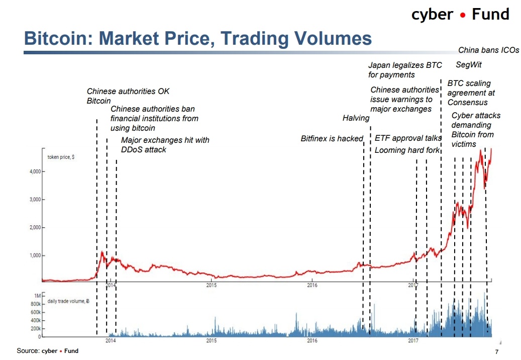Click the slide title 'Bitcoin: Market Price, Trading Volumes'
click(x=198, y=39)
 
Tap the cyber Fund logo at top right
click(x=460, y=14)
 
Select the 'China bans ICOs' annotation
click(x=488, y=50)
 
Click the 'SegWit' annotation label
click(x=468, y=64)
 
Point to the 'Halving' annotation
click(x=356, y=118)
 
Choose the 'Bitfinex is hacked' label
click(x=332, y=138)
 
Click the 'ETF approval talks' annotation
click(x=408, y=138)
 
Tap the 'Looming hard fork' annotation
click(x=407, y=150)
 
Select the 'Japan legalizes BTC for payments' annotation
click(x=405, y=70)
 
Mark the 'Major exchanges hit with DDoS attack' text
click(x=165, y=145)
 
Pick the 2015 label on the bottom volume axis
click(x=212, y=340)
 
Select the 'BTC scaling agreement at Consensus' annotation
click(x=471, y=93)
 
